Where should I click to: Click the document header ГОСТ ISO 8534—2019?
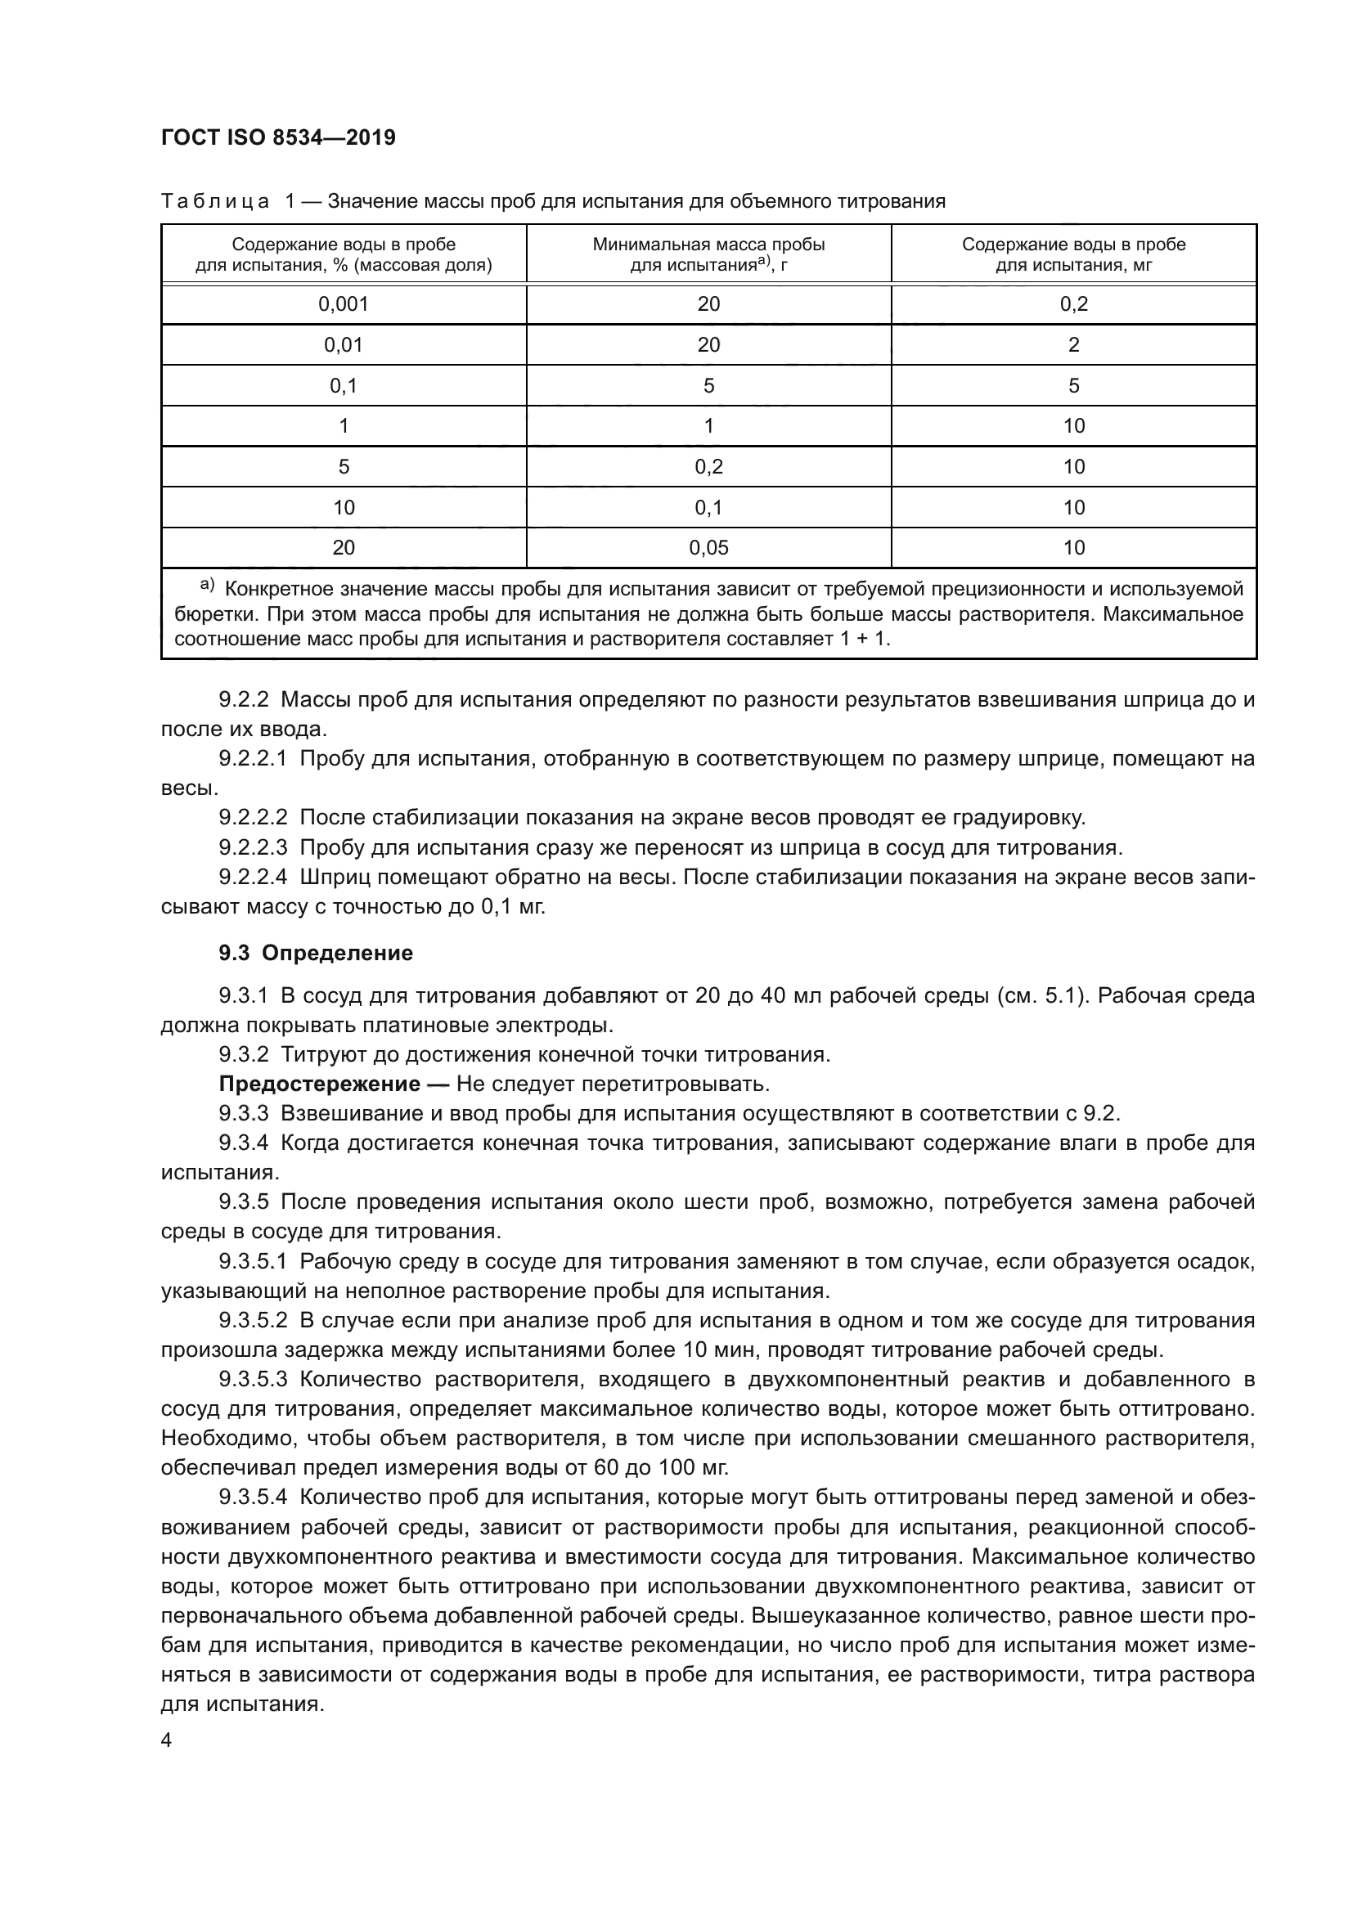278,137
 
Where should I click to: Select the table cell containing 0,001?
344,304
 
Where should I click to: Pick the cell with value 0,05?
708,547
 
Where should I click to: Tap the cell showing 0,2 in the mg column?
1073,304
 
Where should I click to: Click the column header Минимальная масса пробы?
708,245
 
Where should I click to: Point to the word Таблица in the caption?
215,201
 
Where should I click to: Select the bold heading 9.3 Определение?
316,953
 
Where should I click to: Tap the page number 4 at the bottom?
167,1740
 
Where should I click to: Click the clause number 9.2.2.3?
254,847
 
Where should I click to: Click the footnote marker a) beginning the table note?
207,586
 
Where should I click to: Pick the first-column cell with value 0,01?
344,345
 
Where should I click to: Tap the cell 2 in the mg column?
1073,345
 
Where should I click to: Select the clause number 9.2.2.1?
254,759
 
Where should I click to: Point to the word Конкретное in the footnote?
275,589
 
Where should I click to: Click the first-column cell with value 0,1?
344,386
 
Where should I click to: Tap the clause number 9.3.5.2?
254,1321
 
